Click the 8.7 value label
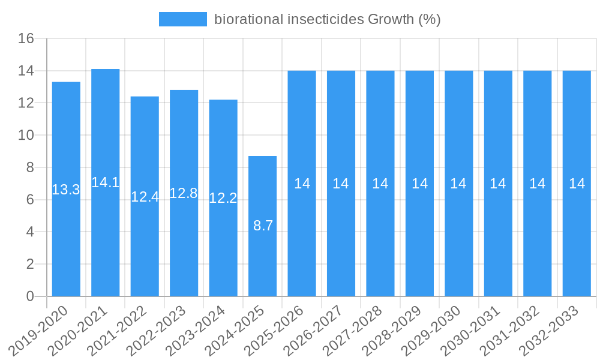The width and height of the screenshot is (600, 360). [x=263, y=226]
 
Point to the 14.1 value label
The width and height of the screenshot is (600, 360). [x=106, y=182]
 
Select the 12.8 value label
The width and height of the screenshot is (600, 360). [x=184, y=193]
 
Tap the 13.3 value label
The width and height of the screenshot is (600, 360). [x=66, y=190]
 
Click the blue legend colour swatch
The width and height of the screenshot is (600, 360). [x=183, y=19]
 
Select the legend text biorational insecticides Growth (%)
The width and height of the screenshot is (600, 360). [x=328, y=19]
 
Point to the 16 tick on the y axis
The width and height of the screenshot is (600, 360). [x=26, y=39]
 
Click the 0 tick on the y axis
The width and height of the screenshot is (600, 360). [x=30, y=296]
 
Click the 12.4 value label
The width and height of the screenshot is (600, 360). [x=145, y=197]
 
